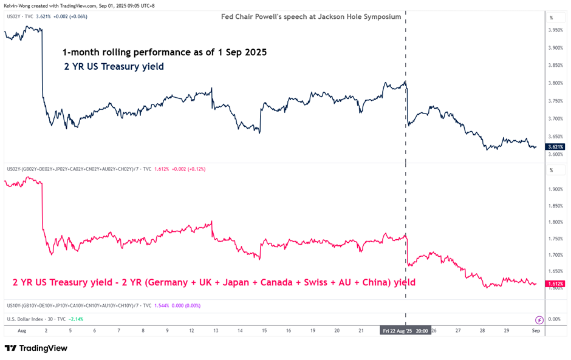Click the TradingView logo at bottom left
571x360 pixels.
[x=36, y=348]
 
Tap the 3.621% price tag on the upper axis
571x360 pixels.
[x=555, y=147]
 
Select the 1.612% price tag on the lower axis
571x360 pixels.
[x=555, y=284]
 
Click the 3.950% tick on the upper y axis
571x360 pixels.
[x=555, y=30]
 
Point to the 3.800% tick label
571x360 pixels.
[x=555, y=83]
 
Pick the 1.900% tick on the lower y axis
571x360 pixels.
[x=555, y=189]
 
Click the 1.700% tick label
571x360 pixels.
[x=555, y=256]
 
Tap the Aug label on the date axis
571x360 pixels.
[x=22, y=331]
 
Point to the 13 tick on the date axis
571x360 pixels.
[x=216, y=331]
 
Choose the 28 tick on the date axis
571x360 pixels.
[x=482, y=331]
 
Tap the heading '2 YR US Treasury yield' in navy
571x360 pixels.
[x=114, y=67]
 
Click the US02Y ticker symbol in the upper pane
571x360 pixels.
[x=15, y=16]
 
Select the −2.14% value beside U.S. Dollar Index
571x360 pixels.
[x=76, y=319]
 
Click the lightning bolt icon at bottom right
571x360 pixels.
[x=539, y=319]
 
